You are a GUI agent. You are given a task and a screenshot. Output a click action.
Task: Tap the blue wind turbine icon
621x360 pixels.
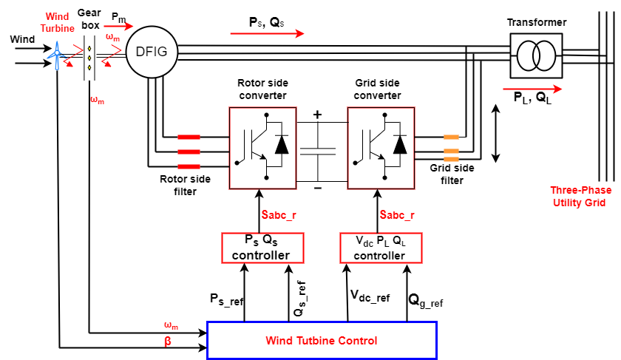pos(57,55)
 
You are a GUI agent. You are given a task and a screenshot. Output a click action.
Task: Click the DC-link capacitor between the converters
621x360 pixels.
pos(318,152)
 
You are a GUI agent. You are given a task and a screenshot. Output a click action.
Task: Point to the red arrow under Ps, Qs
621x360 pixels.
pos(267,34)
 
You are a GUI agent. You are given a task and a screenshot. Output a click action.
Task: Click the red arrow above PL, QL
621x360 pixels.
pos(532,89)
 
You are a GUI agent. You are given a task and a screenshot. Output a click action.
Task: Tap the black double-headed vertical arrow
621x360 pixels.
pos(495,134)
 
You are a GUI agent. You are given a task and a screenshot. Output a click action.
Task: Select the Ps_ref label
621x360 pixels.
pos(226,299)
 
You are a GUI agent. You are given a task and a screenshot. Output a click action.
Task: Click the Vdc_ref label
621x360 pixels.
pos(370,296)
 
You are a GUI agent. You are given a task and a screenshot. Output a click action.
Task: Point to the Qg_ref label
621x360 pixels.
pos(425,300)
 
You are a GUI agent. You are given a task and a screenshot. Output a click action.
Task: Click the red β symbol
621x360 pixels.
pos(168,342)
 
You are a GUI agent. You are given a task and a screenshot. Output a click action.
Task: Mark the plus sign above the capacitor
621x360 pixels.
pos(317,115)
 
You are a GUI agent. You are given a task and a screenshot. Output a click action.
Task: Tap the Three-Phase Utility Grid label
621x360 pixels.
pos(580,197)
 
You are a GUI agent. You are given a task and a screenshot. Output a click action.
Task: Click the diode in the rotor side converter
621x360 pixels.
pos(282,145)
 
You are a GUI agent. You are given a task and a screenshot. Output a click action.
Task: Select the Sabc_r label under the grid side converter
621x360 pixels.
pos(397,215)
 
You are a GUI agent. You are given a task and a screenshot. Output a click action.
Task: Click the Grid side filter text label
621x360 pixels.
pos(452,174)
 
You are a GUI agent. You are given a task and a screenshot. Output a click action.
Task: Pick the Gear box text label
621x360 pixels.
pos(89,19)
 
